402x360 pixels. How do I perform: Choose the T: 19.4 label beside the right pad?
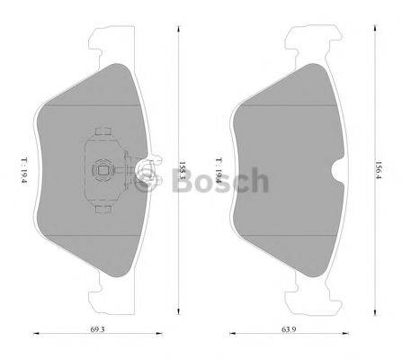pyautogui.click(x=217, y=167)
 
